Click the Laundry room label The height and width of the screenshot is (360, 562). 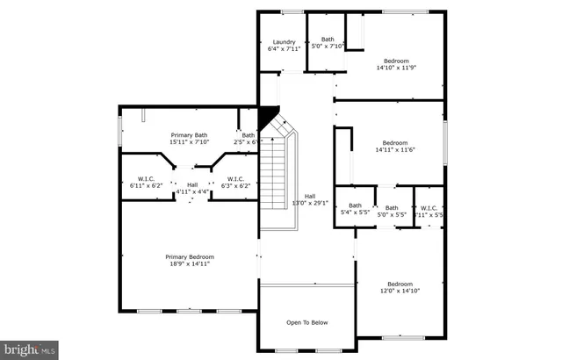[x=284, y=41]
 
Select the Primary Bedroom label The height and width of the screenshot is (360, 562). [x=190, y=257]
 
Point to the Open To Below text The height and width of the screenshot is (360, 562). [x=307, y=322]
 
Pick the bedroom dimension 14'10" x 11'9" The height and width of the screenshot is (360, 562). [x=395, y=68]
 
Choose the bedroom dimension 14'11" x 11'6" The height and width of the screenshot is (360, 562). [x=395, y=150]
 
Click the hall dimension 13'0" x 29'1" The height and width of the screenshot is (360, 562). [x=310, y=203]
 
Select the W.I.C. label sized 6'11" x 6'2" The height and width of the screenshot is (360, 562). [x=146, y=185]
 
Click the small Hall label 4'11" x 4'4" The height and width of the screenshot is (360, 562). [x=192, y=191]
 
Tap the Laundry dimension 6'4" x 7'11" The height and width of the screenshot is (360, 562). [x=284, y=48]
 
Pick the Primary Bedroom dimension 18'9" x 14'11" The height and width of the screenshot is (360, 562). [x=190, y=264]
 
